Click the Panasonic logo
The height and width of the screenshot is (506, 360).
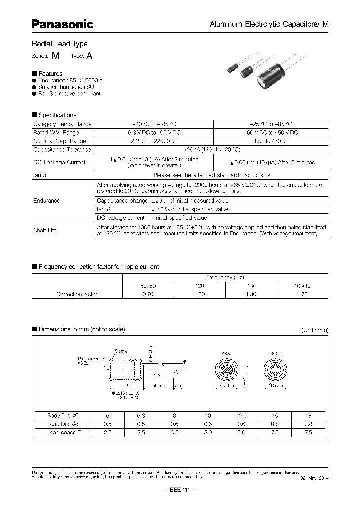pos(63,24)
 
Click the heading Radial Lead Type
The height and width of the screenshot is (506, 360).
pos(59,44)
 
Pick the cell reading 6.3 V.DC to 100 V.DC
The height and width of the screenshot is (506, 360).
pos(154,132)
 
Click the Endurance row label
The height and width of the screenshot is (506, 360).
pos(47,201)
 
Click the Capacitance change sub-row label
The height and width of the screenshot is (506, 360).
pos(122,200)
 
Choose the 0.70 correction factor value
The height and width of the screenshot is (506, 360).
pos(148,295)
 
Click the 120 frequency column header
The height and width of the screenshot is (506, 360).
pos(199,286)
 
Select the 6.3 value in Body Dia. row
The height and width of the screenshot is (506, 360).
pos(140,416)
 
